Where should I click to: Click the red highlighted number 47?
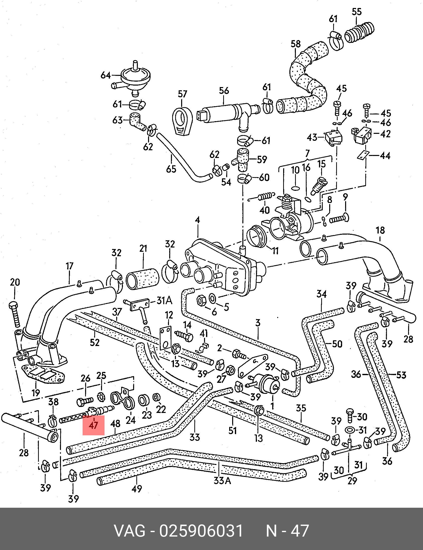[x=93, y=425]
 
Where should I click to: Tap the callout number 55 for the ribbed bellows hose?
[x=357, y=12]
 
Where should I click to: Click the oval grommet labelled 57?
[x=182, y=121]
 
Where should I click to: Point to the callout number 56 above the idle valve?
[x=224, y=91]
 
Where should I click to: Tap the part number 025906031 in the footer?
[x=201, y=531]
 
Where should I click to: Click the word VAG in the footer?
[x=130, y=531]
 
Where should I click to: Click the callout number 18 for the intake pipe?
[x=380, y=230]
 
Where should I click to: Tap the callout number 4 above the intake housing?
[x=197, y=220]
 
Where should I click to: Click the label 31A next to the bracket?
[x=164, y=300]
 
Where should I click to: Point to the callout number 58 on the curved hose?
[x=296, y=44]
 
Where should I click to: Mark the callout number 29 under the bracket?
[x=352, y=481]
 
